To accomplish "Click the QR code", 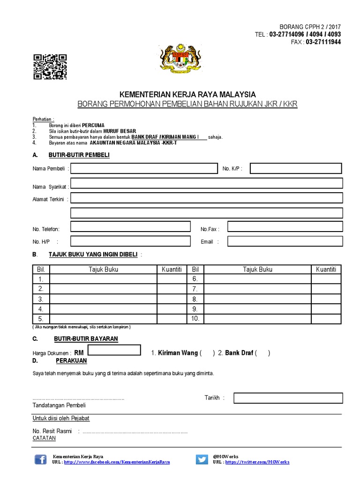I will [x=50, y=67].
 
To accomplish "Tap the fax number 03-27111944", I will [x=323, y=42].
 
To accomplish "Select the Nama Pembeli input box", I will [x=141, y=168].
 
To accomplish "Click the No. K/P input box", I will [x=296, y=168].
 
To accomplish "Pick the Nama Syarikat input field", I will [x=206, y=183].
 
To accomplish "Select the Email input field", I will [x=285, y=241].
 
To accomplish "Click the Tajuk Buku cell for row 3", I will [x=103, y=299].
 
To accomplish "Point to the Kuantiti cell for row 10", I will [x=326, y=319].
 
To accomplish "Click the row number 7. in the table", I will [x=195, y=289].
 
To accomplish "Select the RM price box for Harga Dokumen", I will [x=114, y=350].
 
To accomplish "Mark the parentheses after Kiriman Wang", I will [x=207, y=353].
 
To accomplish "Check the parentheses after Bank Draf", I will [x=262, y=353].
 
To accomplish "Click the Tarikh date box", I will [x=288, y=398].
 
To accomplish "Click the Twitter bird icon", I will [x=202, y=459].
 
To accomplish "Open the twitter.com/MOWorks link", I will [x=257, y=462].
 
